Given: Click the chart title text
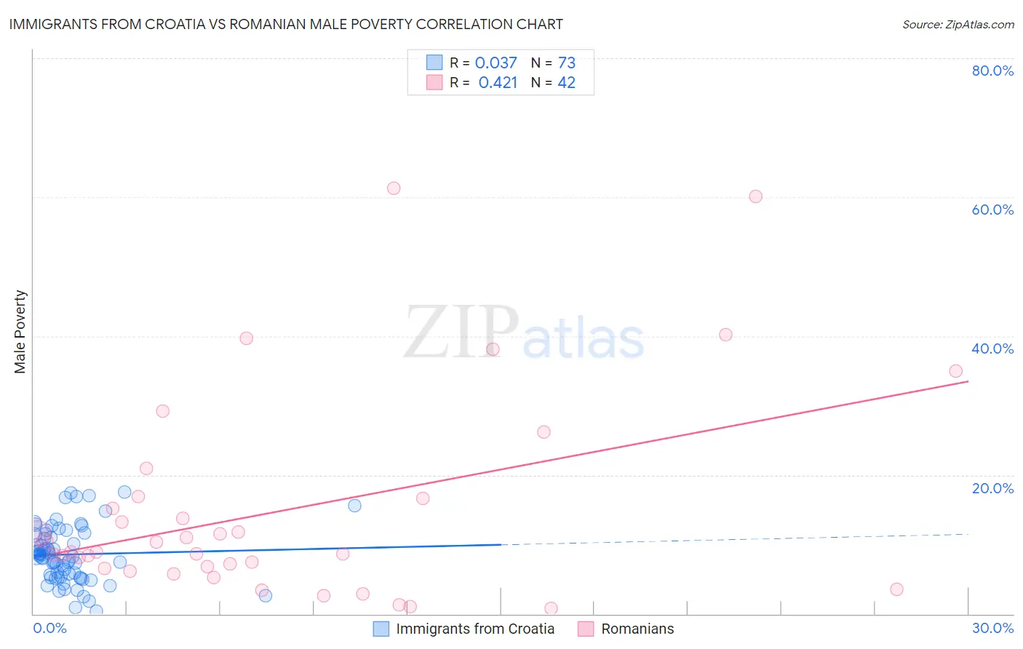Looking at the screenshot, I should [286, 24].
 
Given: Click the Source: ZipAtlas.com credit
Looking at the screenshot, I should [958, 24].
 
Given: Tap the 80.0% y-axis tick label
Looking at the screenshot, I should [992, 71].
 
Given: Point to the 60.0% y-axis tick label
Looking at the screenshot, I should [992, 210].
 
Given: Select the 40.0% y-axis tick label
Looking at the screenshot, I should [992, 349].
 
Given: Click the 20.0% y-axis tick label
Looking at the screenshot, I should [992, 488].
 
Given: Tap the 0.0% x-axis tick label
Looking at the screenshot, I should [49, 628].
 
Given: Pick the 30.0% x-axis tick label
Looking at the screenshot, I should [992, 628].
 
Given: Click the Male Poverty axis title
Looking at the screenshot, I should [20, 332].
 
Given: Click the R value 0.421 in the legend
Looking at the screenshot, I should [498, 83].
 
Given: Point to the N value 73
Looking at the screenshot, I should [567, 63].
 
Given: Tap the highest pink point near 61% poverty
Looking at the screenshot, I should [394, 188].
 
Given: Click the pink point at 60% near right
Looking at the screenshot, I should [755, 196].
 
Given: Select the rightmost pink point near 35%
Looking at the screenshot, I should [955, 371].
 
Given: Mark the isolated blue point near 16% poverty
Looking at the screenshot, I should [354, 506].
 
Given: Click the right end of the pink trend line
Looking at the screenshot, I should [968, 381].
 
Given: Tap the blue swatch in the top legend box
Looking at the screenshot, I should [434, 63].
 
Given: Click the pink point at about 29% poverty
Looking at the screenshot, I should [163, 411].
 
